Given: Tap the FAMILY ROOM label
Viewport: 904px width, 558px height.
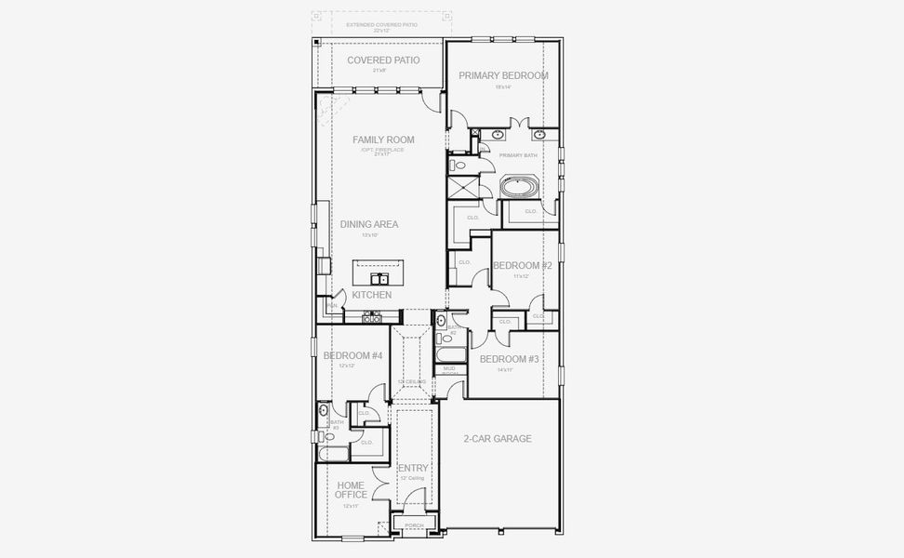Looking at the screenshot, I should pos(383,140).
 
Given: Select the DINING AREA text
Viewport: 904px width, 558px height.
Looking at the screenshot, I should pos(369,224).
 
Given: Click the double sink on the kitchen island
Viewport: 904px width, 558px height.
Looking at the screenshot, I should pos(379,278).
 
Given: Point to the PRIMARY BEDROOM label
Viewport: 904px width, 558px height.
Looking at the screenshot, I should pos(503,75).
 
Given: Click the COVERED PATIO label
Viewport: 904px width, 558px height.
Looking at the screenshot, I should pos(383,60).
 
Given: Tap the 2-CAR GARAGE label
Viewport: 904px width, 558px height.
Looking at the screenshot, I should pos(499,438).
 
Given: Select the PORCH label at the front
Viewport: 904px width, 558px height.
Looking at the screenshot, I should pos(414,526).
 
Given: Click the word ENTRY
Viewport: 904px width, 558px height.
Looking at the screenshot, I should pos(412,468).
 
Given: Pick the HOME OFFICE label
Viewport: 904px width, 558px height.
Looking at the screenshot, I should pos(351,490).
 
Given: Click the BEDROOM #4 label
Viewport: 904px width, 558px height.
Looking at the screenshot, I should pos(353,356).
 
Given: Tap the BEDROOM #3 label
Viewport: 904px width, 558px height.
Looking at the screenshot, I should pos(509,359).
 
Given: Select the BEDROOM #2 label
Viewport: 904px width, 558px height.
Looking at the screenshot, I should pos(523,266).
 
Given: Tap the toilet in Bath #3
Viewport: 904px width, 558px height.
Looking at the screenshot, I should pos(329,435).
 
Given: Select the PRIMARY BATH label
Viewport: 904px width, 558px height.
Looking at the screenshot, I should pos(518,155).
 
